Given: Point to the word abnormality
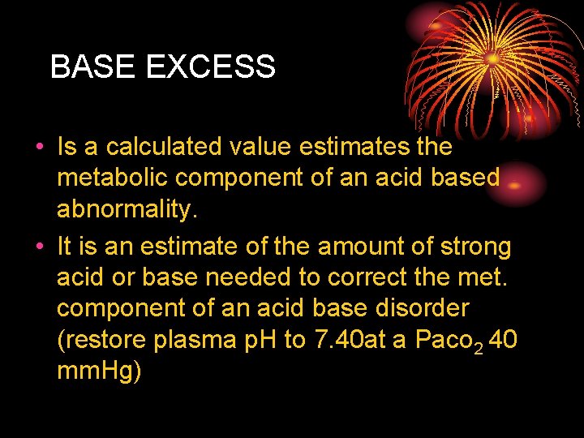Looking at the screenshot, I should pos(127,210).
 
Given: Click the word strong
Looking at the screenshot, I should pos(470,245).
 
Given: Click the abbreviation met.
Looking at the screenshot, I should pos(486,277).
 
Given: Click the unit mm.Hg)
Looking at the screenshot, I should pos(100,371).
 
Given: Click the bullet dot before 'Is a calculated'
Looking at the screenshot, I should pos(38,148).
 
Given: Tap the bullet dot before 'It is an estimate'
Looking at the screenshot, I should pos(38,246).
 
